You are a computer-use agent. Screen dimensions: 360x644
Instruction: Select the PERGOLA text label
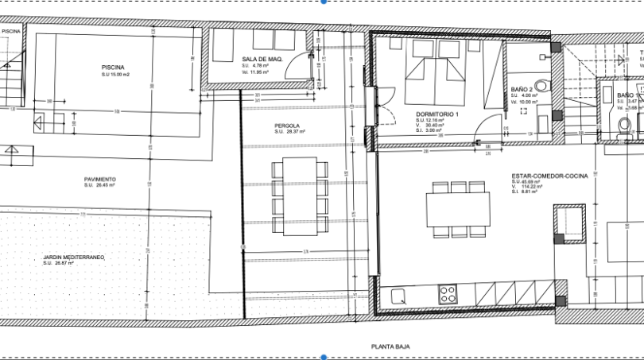[286, 126]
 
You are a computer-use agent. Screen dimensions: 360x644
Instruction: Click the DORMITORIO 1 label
[437, 115]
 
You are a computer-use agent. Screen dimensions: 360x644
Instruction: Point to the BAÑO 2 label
[521, 90]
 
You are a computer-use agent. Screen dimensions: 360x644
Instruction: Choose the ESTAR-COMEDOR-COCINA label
[549, 175]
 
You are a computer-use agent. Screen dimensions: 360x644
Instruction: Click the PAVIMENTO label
[100, 180]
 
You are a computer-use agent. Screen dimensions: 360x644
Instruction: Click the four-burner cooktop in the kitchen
[448, 294]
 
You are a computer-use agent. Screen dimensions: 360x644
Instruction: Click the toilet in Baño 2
[542, 85]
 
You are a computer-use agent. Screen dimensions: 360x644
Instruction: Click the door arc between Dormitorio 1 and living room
[493, 127]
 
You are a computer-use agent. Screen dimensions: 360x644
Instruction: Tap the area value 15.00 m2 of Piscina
[115, 75]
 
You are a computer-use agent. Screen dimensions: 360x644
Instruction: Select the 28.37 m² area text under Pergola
[287, 132]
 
